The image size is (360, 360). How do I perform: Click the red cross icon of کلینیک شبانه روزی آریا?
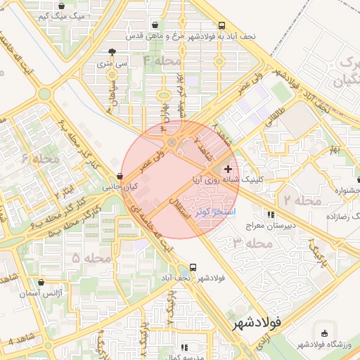coord(228,169)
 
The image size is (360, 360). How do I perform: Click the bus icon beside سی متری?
coord(112,51)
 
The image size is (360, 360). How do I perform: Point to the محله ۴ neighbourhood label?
coord(162,61)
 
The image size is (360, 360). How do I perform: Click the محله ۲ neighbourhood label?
coord(302,201)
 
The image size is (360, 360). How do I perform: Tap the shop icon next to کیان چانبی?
coord(120,176)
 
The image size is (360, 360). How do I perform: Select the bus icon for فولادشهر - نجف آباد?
coord(193,267)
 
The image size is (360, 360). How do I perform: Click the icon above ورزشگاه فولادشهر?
coord(323,333)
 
